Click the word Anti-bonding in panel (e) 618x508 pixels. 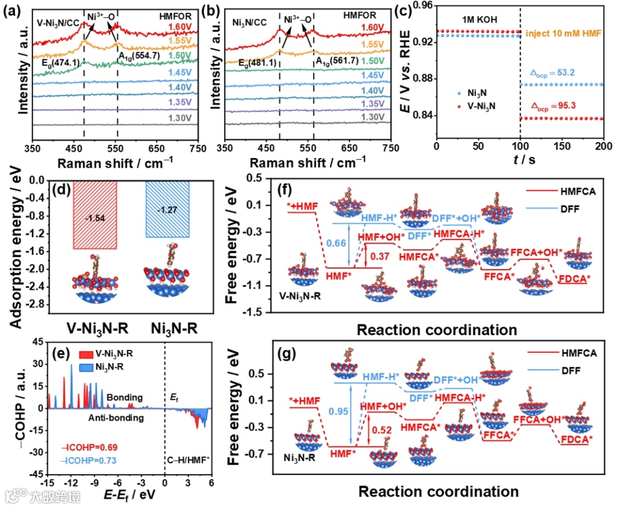coord(113,418)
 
